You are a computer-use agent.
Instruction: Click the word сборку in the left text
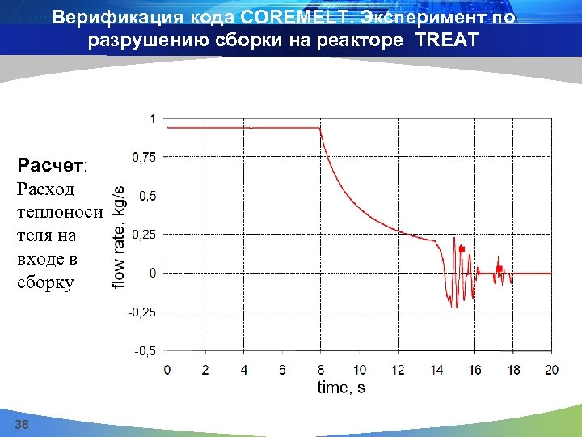tap(45, 282)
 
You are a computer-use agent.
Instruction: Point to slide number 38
tap(21, 425)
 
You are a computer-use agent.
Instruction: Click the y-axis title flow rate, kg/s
tap(118, 235)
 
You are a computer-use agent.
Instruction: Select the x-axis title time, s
tap(340, 388)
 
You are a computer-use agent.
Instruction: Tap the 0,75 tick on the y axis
tap(145, 157)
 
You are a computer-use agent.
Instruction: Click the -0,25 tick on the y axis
tap(143, 312)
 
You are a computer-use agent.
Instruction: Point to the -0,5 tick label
tap(145, 350)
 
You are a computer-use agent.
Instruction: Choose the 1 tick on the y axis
tap(154, 118)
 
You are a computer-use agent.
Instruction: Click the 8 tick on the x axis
tap(321, 370)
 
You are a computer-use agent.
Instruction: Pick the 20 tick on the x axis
tap(551, 370)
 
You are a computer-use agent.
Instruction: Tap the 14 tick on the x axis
tap(436, 370)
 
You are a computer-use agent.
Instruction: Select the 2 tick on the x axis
tap(205, 370)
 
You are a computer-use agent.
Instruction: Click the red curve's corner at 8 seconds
tap(321, 128)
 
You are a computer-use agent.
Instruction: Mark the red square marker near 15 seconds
tap(462, 249)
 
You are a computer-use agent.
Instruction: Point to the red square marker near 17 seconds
tap(500, 269)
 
